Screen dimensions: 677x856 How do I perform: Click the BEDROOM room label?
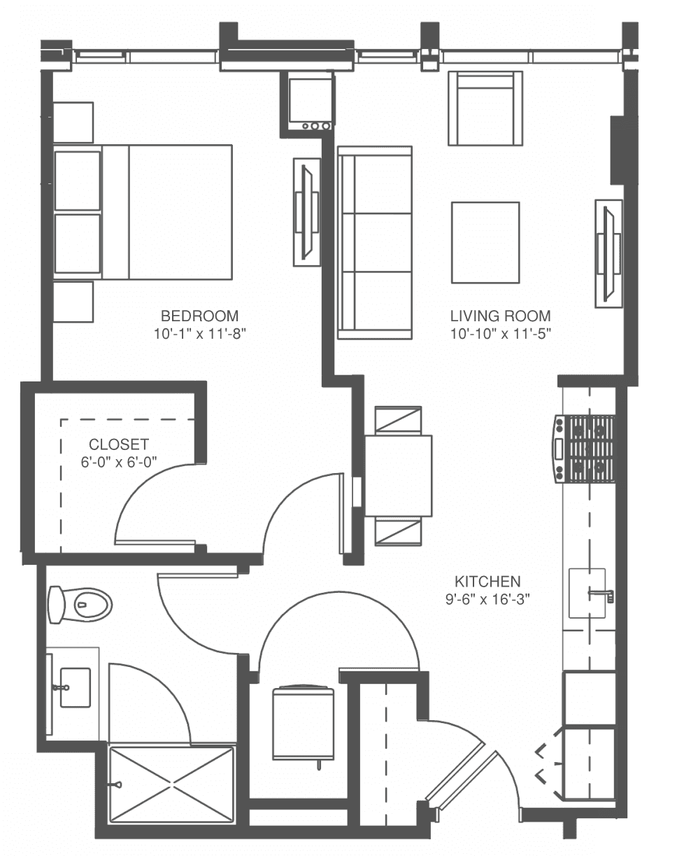point(199,316)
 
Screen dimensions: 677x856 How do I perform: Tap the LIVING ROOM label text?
point(501,316)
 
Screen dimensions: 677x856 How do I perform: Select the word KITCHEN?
point(487,582)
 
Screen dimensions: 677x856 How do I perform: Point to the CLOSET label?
point(119,444)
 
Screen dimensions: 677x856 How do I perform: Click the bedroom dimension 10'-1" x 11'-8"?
point(200,334)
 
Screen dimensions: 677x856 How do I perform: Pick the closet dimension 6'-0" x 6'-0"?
point(119,462)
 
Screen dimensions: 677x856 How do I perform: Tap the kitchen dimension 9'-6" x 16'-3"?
point(487,599)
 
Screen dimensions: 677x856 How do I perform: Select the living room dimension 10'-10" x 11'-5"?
point(501,334)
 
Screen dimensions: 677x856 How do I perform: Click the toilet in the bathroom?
point(80,606)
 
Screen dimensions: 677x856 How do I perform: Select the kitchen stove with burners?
point(583,449)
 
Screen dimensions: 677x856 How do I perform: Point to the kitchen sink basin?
point(587,593)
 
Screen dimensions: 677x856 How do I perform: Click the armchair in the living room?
point(485,108)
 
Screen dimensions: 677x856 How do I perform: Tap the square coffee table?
point(485,243)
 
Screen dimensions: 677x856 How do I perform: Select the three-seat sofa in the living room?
point(374,243)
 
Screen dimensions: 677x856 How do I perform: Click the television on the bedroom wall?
point(307,212)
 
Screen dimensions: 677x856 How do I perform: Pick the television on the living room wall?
point(608,254)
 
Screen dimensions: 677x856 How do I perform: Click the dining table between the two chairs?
point(399,476)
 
